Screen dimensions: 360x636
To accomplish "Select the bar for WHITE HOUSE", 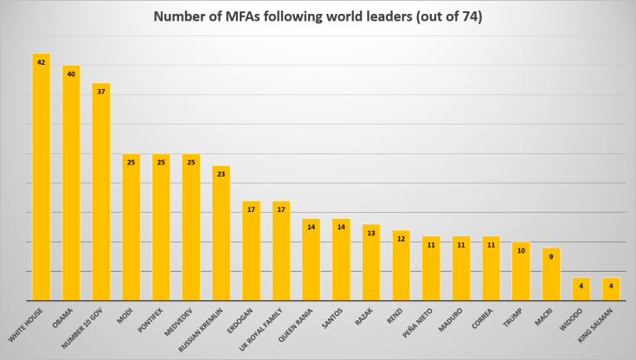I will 42,177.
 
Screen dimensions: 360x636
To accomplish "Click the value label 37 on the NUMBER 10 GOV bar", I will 101,91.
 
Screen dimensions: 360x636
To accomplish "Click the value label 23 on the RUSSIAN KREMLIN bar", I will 222,173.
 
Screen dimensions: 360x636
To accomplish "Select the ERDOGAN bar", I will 251,251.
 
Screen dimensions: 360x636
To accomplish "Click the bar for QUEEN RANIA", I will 312,260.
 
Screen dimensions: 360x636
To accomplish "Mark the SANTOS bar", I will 341,260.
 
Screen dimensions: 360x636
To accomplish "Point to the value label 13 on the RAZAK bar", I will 371,232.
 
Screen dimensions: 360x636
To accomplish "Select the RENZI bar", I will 402,266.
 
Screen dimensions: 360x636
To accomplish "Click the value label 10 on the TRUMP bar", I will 521,249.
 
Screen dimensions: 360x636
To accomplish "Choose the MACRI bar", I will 551,274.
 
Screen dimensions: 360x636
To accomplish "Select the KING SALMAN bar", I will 611,289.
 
